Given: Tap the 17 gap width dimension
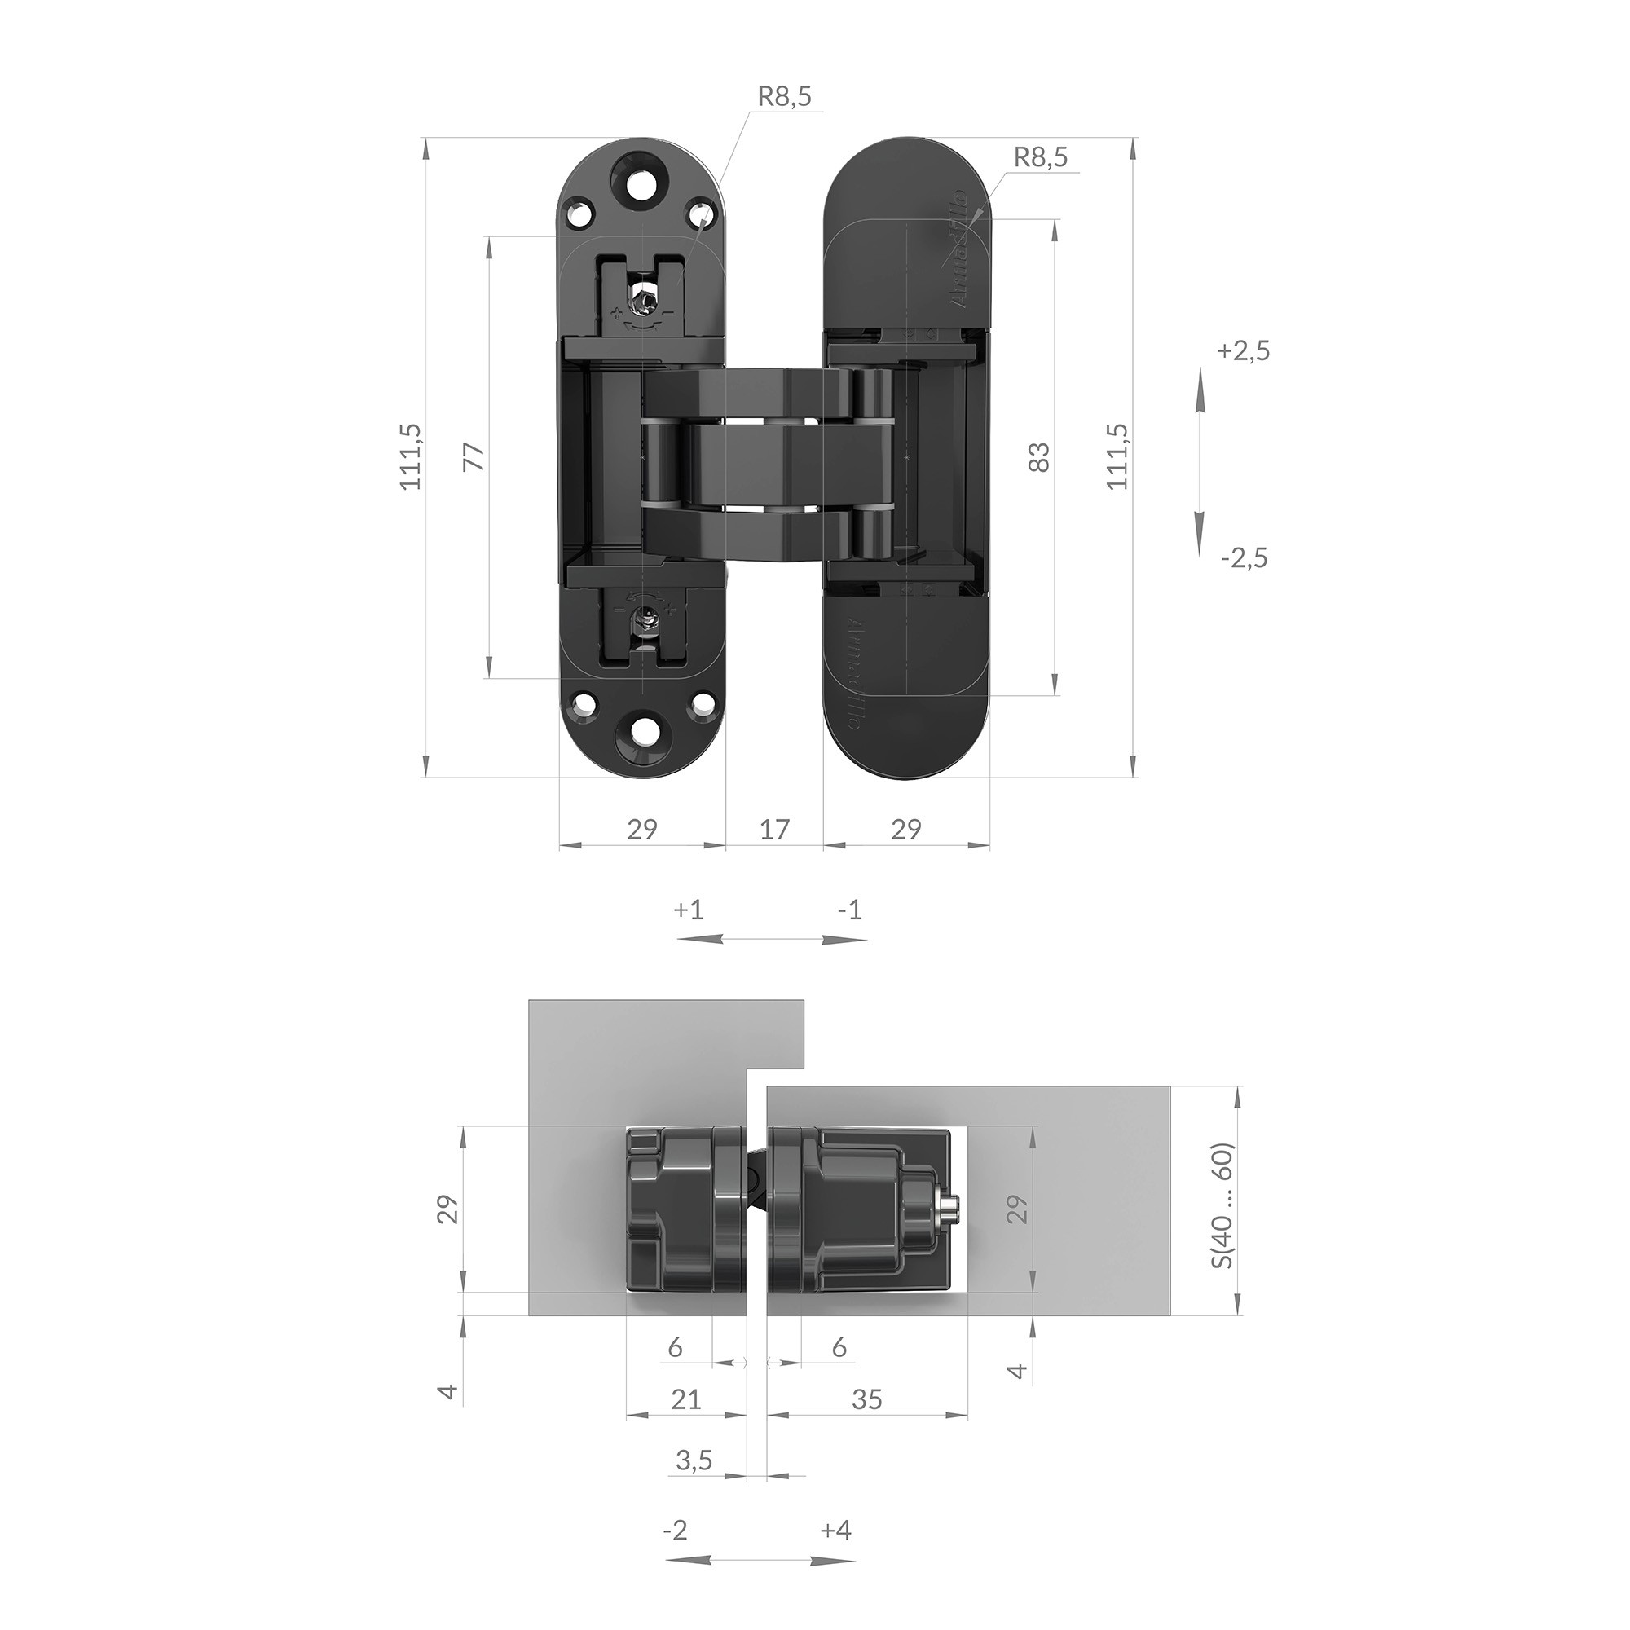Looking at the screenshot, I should (773, 830).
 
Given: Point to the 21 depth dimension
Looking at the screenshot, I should (685, 1399).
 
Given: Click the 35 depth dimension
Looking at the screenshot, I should (866, 1399).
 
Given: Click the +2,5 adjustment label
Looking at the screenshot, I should (1243, 351).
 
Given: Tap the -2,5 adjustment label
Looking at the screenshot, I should (1244, 557).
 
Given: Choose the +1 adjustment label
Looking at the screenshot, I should (689, 910).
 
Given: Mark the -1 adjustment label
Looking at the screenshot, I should (849, 910).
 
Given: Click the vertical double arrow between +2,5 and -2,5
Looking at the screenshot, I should (1200, 461).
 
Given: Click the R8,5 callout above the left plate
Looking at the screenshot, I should (784, 96).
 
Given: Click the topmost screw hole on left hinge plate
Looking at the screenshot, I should (643, 178).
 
